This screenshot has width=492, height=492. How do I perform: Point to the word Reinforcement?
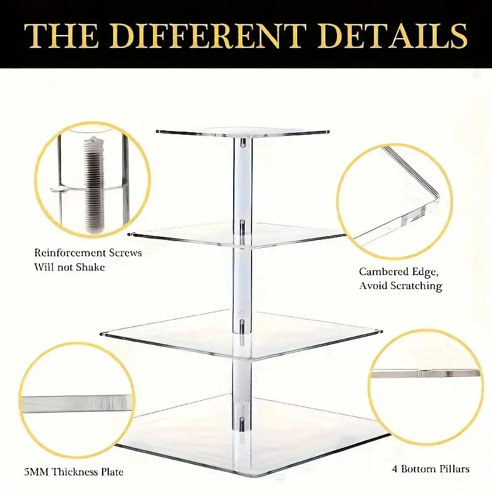tap(70, 253)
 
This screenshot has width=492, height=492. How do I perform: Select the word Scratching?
tap(416, 286)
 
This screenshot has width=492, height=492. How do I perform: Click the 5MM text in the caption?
tap(36, 472)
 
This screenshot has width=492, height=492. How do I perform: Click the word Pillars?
tap(454, 469)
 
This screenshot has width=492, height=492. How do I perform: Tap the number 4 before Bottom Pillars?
tap(395, 469)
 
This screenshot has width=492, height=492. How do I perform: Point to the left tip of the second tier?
tap(129, 234)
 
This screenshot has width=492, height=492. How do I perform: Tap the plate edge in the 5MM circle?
tap(76, 403)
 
